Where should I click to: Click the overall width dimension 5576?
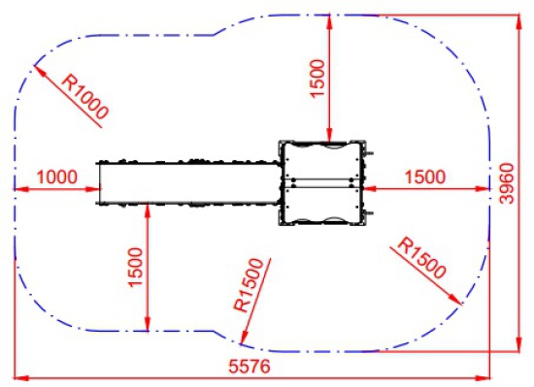[x=250, y=367]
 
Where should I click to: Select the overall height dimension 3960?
[x=507, y=183]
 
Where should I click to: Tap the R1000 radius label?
[x=85, y=97]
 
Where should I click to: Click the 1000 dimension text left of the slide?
[x=57, y=177]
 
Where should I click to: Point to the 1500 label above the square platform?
[x=317, y=79]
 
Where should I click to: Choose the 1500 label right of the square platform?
[x=425, y=177]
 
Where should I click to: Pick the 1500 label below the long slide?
[x=135, y=268]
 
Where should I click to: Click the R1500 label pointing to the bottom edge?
[x=250, y=285]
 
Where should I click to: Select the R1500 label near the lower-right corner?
[x=421, y=258]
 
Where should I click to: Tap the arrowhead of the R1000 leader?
[x=39, y=69]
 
